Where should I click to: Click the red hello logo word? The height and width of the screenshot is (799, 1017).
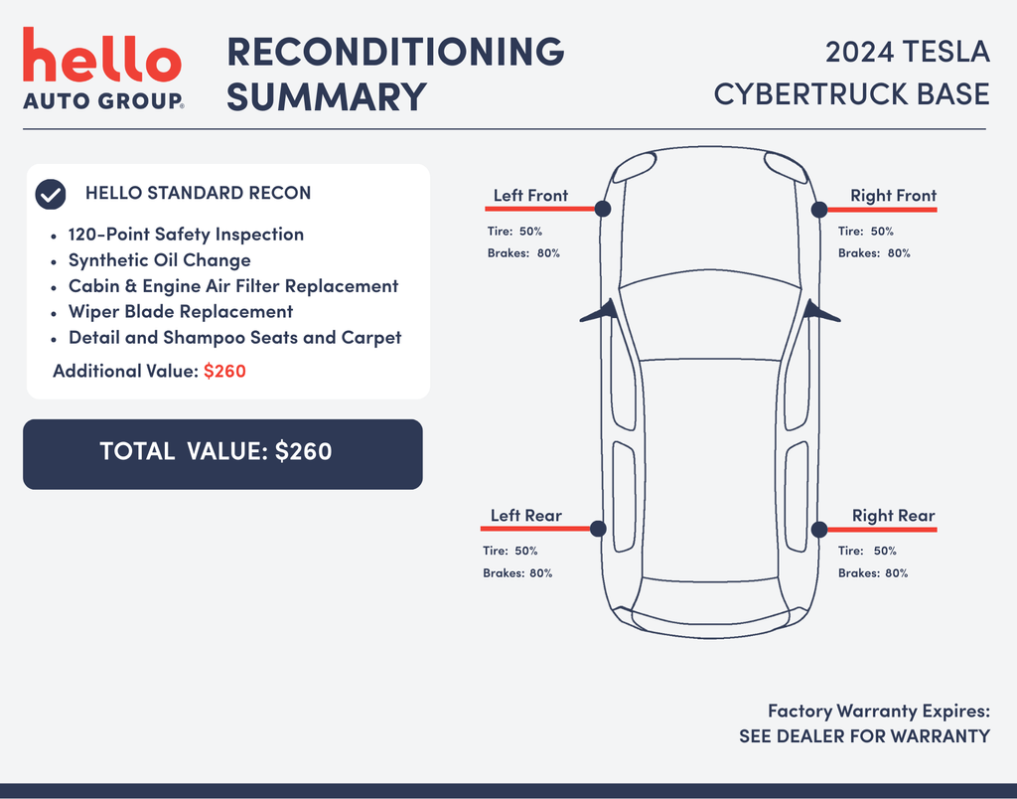pos(102,55)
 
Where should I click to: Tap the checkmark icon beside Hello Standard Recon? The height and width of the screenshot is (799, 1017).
pos(51,194)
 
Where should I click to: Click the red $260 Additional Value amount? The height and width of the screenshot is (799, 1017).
pos(224,371)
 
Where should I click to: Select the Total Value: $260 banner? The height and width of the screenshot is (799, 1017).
pos(222,454)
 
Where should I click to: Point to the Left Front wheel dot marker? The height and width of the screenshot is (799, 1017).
pos(603,209)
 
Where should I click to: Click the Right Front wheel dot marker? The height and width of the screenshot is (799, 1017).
pos(819,209)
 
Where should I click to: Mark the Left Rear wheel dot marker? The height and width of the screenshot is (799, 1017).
pos(598,529)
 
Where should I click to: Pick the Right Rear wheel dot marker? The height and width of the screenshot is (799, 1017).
pos(819,529)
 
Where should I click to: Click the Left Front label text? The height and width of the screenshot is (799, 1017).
pos(530,196)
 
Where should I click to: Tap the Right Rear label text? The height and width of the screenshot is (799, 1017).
pos(893,516)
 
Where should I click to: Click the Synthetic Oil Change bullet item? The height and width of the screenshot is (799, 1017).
pos(160,260)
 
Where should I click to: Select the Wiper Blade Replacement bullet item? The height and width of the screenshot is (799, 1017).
pos(181,312)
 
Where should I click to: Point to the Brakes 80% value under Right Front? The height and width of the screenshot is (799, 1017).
pos(874,253)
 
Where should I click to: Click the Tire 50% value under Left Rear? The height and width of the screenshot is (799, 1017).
pos(509,551)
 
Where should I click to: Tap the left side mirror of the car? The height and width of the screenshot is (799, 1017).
pos(598,311)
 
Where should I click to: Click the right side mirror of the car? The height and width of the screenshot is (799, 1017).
pos(821,312)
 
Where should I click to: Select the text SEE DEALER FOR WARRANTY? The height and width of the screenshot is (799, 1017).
pos(865,736)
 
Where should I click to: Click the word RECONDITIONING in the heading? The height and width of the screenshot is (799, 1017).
pos(395,52)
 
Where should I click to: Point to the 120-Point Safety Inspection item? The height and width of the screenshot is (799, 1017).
pos(186,235)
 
